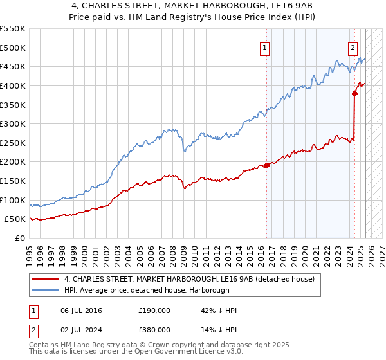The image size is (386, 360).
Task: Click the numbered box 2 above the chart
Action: [x=353, y=47]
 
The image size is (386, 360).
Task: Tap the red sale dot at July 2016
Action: [x=266, y=165]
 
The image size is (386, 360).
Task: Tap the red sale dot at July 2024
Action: [x=354, y=93]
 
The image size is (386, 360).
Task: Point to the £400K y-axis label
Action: [x=13, y=85]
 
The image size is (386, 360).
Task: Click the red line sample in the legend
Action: [x=46, y=279]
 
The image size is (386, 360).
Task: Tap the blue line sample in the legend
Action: [x=46, y=290]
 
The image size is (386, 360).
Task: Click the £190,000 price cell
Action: [x=154, y=310]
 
